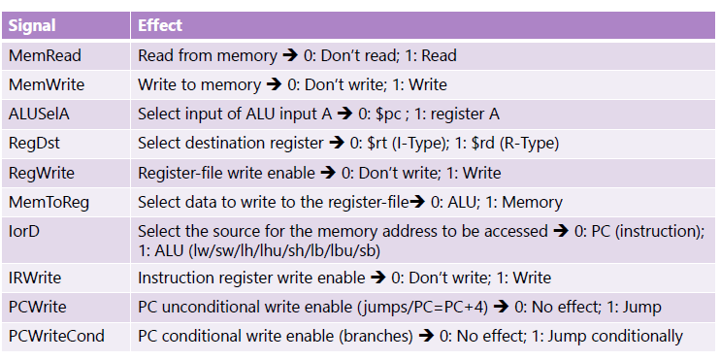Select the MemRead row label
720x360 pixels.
(x=44, y=55)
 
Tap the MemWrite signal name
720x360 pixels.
(x=45, y=84)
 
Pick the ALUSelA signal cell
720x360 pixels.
(x=39, y=114)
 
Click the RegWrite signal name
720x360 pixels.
(x=42, y=173)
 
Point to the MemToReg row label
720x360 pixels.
(x=48, y=202)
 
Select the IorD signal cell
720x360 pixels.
(x=26, y=231)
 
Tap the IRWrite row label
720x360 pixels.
(x=37, y=278)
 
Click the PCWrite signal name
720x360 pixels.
(x=38, y=307)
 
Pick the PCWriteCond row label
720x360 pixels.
(x=55, y=336)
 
